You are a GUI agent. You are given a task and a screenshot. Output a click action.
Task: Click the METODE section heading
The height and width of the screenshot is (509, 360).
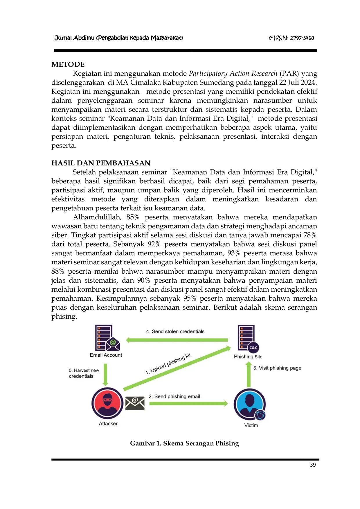(x=68, y=64)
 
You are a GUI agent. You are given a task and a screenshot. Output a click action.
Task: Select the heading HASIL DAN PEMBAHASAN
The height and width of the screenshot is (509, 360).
(x=101, y=163)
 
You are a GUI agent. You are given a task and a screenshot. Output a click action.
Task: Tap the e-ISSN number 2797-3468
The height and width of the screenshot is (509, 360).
(x=302, y=38)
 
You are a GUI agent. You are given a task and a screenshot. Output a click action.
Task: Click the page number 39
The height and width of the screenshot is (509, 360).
(x=313, y=465)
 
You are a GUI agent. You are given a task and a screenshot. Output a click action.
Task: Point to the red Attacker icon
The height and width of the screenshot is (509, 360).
(x=107, y=403)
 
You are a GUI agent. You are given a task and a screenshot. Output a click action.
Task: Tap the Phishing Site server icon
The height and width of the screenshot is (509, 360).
(x=248, y=338)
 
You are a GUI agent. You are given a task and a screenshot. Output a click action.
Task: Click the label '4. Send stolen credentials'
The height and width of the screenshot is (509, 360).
(x=175, y=331)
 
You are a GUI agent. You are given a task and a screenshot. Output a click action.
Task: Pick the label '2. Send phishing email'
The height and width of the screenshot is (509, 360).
(x=174, y=396)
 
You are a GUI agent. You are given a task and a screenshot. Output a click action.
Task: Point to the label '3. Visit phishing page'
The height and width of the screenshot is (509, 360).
(x=277, y=368)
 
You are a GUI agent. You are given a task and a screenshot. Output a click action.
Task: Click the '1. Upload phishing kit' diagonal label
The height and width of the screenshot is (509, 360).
(x=168, y=364)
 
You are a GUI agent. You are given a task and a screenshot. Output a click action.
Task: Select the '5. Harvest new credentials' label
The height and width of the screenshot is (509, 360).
(x=84, y=373)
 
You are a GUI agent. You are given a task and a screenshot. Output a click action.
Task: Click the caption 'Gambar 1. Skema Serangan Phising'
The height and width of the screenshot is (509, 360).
(x=184, y=443)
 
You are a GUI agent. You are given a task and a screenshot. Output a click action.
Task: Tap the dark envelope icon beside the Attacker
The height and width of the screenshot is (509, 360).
(x=135, y=403)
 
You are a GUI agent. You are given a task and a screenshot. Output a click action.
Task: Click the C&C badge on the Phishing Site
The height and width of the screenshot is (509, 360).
(x=253, y=348)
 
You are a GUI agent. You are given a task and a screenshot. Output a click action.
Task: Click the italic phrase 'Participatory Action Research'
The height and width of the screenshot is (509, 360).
(x=233, y=73)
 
